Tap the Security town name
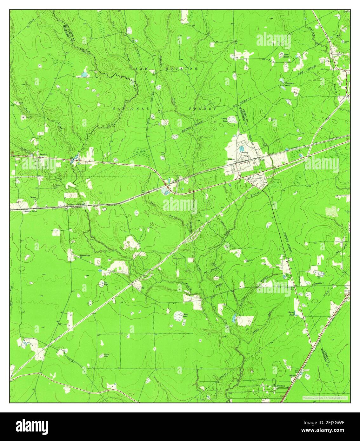click(43, 154)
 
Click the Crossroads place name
click(318, 283)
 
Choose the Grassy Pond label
click(225, 120)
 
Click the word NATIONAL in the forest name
click(131, 109)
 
